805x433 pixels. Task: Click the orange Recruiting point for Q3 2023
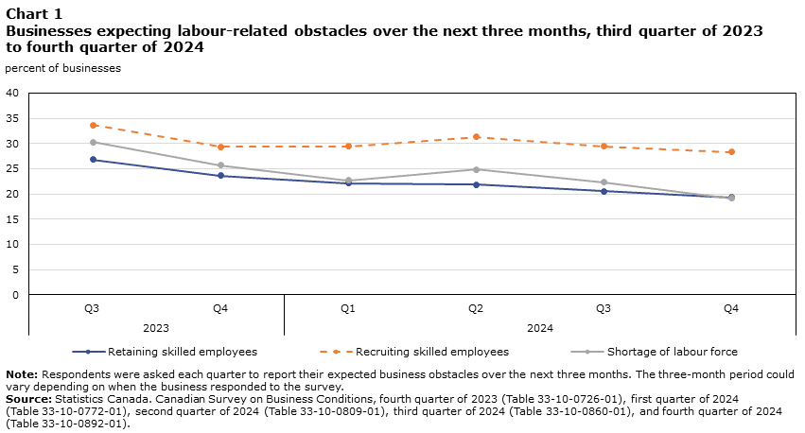(x=93, y=125)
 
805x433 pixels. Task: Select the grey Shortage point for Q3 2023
(x=93, y=142)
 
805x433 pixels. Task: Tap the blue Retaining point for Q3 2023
(x=93, y=160)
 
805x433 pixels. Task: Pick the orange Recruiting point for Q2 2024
(x=476, y=137)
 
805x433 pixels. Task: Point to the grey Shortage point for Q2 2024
(x=476, y=169)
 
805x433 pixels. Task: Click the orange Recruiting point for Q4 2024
(x=731, y=152)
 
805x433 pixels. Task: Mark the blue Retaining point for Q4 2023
(x=220, y=176)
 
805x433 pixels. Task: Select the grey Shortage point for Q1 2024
(x=348, y=181)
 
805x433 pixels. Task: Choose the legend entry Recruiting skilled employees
(x=431, y=352)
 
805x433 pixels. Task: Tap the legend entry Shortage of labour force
(x=672, y=352)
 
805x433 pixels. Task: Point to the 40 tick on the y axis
(x=12, y=93)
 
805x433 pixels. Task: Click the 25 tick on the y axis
(x=12, y=168)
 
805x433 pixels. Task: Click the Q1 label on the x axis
(x=348, y=309)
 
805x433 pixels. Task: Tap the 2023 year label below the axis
(x=156, y=328)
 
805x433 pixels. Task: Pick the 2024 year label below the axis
(x=540, y=328)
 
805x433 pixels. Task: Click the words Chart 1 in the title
(x=34, y=13)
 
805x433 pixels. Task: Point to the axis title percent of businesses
(x=62, y=68)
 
